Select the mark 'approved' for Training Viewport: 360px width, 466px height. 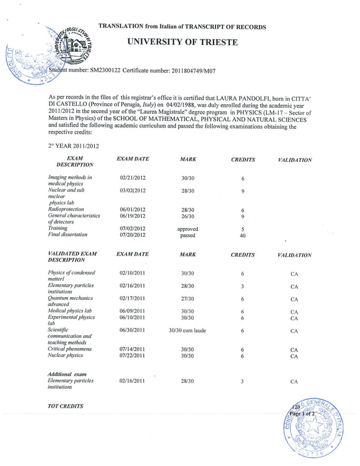click(188, 229)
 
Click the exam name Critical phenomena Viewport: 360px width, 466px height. click(70, 349)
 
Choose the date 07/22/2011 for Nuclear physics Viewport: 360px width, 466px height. click(133, 356)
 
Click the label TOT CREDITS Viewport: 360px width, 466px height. click(65, 406)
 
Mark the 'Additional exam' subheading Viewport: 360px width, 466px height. click(67, 374)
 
